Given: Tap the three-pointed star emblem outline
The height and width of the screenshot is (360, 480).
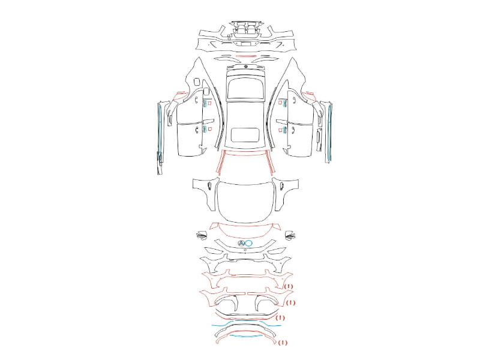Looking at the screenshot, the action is click(x=241, y=244).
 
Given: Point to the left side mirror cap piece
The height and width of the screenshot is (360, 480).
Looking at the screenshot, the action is click(x=202, y=235).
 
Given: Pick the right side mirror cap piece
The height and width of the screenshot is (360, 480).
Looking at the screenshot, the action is click(x=290, y=235).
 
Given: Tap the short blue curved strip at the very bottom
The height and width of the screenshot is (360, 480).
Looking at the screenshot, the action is click(x=246, y=336).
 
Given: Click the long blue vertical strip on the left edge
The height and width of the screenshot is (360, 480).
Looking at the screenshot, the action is click(x=160, y=131).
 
